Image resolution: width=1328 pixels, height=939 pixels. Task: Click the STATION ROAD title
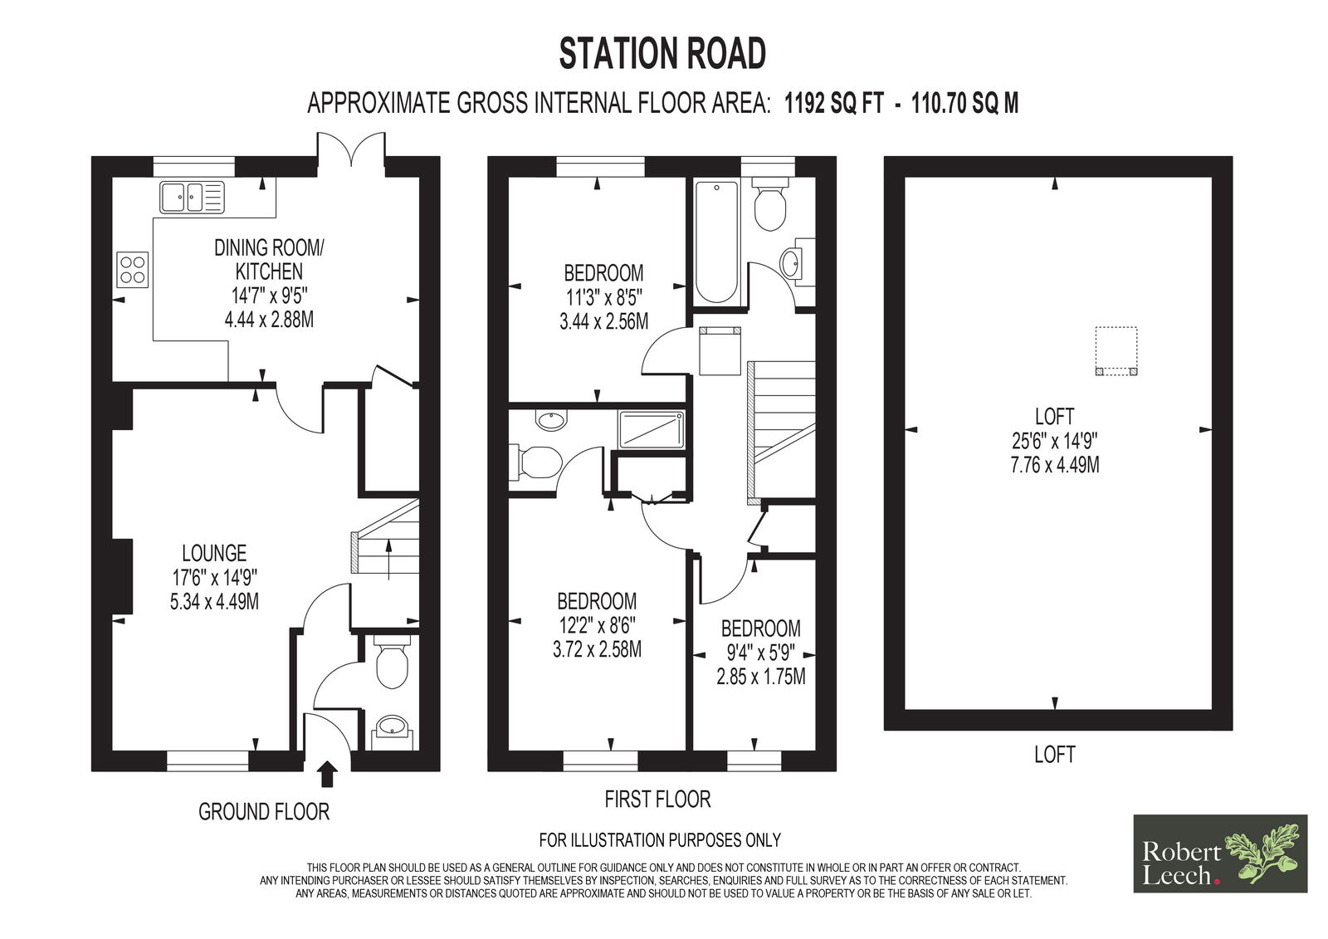pos(662,54)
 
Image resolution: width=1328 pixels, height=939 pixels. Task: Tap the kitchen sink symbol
pos(192,197)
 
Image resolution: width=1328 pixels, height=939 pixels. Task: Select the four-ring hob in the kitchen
pos(133,270)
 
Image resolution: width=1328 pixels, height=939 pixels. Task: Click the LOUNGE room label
pos(214,554)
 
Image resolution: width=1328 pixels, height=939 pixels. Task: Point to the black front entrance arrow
pos(327,775)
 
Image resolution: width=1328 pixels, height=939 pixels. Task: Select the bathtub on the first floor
pos(717,242)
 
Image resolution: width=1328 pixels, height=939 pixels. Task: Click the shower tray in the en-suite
pos(652,429)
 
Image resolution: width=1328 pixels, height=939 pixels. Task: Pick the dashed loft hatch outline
pos(1116,351)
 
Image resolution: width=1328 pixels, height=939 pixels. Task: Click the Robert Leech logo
pos(1220,853)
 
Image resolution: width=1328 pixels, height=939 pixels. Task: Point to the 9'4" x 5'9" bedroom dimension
pos(761,653)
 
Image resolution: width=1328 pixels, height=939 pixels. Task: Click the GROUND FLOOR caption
pos(264,811)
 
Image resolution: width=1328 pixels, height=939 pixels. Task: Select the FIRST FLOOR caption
pos(657,800)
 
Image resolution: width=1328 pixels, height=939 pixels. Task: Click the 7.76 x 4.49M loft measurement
pos(1055,465)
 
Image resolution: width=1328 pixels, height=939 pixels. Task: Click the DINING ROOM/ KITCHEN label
pos(269,259)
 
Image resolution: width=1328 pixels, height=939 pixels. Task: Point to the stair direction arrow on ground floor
pos(388,559)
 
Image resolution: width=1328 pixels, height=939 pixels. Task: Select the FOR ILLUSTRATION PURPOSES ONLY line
pos(660,840)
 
